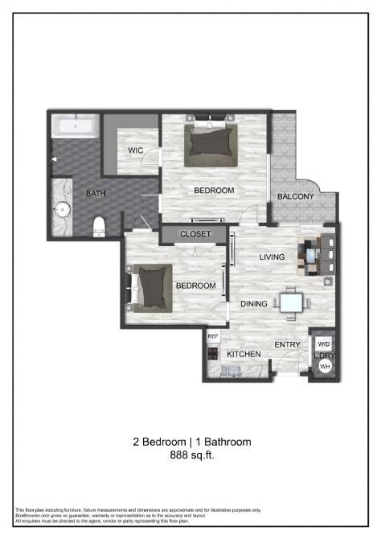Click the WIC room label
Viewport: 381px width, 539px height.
tap(135, 150)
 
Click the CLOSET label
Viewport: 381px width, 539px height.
tap(195, 234)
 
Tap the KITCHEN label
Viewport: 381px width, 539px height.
tap(242, 355)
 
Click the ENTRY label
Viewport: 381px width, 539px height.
tap(287, 345)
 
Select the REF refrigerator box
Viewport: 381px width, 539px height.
tap(213, 337)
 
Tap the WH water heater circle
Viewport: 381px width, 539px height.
tap(325, 366)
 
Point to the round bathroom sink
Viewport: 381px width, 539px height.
tap(63, 212)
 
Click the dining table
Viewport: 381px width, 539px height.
tap(291, 302)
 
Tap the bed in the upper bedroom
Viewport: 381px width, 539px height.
tap(212, 142)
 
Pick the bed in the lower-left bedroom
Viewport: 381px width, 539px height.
tap(150, 288)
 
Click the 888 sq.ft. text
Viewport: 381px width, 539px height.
tap(191, 455)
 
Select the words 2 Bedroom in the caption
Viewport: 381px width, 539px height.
tap(158, 442)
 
